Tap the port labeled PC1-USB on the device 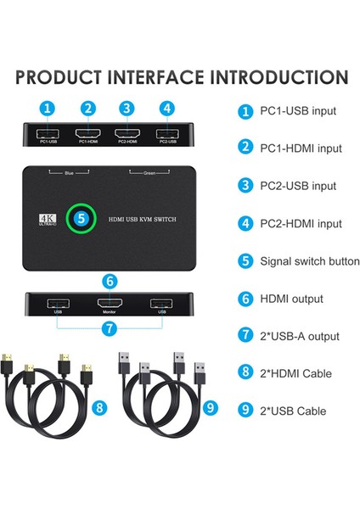coord(48,134)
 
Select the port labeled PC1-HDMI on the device coord(87,134)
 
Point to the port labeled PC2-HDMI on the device coord(127,134)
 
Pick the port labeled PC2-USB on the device coord(166,134)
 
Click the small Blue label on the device coord(70,173)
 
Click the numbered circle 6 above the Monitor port coord(109,281)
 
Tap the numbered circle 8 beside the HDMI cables coord(100,408)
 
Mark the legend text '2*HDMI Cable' coord(295,373)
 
